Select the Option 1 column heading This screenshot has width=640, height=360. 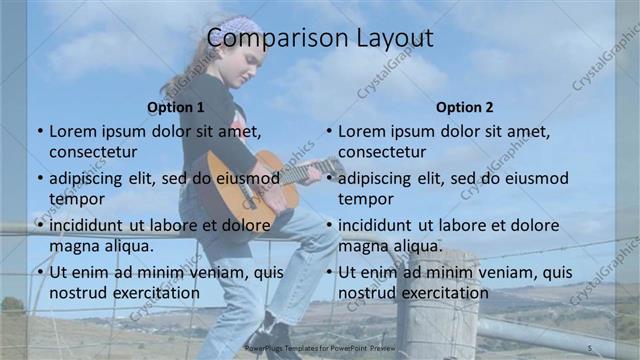pos(176,107)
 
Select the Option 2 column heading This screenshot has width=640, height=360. pos(465,107)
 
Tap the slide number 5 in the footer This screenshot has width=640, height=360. pos(590,347)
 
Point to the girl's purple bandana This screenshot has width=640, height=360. pos(242,27)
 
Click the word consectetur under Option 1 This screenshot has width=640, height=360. pos(93,152)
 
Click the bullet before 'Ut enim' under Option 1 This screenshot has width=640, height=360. pos(40,272)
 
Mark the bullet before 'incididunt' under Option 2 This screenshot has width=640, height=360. pos(329,225)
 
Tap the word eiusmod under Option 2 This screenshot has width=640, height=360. pos(534,178)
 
